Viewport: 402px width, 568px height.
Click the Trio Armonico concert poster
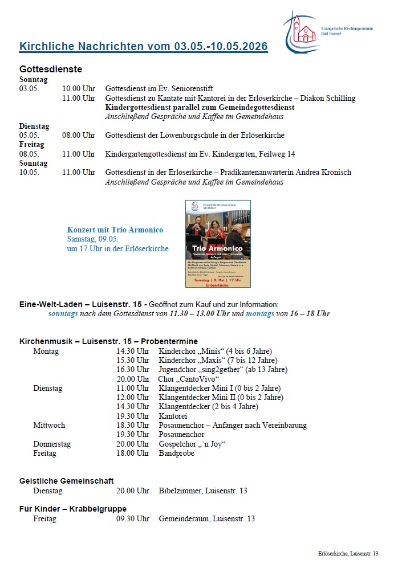coord(217,243)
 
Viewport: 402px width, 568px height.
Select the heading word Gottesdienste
coord(51,69)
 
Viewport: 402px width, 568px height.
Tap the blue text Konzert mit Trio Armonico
coord(115,230)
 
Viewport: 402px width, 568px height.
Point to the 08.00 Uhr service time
coord(79,136)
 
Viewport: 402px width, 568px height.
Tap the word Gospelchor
coord(177,444)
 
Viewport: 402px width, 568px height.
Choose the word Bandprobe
coord(176,453)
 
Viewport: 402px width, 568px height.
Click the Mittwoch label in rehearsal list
coord(49,425)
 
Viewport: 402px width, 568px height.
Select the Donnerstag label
coord(52,444)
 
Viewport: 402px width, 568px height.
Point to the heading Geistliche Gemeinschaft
coord(67,481)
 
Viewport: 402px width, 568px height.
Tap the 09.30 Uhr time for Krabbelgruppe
coord(133,518)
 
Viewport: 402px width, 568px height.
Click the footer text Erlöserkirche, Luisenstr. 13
coord(348,554)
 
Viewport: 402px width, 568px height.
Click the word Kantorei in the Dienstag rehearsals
coord(173,416)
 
